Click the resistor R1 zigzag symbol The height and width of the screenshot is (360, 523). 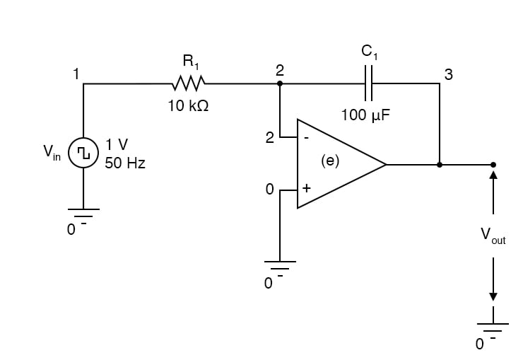188,83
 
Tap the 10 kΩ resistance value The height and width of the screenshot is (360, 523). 188,107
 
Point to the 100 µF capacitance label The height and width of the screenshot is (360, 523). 365,115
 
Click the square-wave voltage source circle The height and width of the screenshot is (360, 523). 83,153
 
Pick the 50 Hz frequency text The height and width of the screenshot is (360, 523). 125,163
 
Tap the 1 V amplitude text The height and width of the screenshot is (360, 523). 117,145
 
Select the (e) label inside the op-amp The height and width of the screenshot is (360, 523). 330,161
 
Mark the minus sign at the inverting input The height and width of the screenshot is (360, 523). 306,139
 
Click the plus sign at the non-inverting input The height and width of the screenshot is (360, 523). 306,190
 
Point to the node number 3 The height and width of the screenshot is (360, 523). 448,75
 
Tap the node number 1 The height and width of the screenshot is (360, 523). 76,74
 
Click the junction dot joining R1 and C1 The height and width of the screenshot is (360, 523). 280,83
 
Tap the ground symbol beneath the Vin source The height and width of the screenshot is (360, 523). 83,212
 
